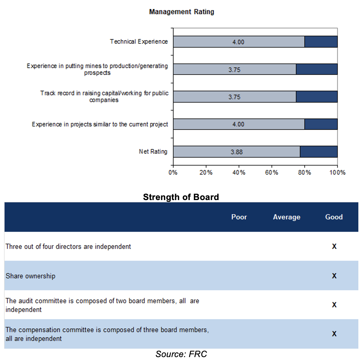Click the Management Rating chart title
tap(181, 12)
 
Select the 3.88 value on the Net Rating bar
tap(237, 152)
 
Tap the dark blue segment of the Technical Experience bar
tap(321, 42)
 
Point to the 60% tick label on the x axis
tap(272, 172)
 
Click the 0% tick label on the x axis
tap(173, 172)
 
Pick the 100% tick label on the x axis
tap(337, 172)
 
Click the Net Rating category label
tap(153, 152)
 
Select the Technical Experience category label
tap(139, 42)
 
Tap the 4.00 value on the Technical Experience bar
tap(238, 42)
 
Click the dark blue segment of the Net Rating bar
tap(319, 152)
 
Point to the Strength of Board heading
tap(181, 197)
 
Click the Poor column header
tap(239, 217)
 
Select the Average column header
tap(287, 217)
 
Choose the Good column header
tap(334, 217)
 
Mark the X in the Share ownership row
tap(334, 276)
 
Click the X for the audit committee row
tap(334, 305)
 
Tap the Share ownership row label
tap(30, 276)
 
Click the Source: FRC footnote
tap(181, 354)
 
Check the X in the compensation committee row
tap(334, 334)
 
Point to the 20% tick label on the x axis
tap(206, 172)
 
